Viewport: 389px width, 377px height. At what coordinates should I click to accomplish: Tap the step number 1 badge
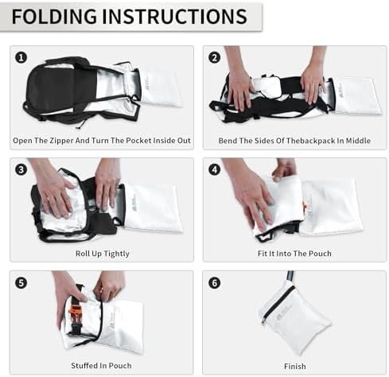coord(21,56)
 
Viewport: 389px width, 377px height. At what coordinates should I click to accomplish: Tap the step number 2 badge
coord(214,56)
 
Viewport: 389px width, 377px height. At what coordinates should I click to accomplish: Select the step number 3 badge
coord(21,169)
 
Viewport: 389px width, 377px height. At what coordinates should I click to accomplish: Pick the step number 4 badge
coord(214,169)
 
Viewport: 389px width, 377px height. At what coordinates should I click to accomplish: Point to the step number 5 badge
coord(21,282)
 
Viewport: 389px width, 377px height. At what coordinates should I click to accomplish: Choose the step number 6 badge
coord(214,282)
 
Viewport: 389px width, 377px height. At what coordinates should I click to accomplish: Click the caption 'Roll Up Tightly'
coord(101,254)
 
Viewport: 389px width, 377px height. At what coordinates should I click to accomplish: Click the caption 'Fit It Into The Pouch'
coord(294,254)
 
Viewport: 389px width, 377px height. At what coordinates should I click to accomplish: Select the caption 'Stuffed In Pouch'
coord(101,366)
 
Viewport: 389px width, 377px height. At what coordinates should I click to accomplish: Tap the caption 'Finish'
coord(294,366)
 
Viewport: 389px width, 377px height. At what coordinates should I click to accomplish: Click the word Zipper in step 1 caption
coord(71,141)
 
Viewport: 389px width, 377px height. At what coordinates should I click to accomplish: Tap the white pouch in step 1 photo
coord(162,87)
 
